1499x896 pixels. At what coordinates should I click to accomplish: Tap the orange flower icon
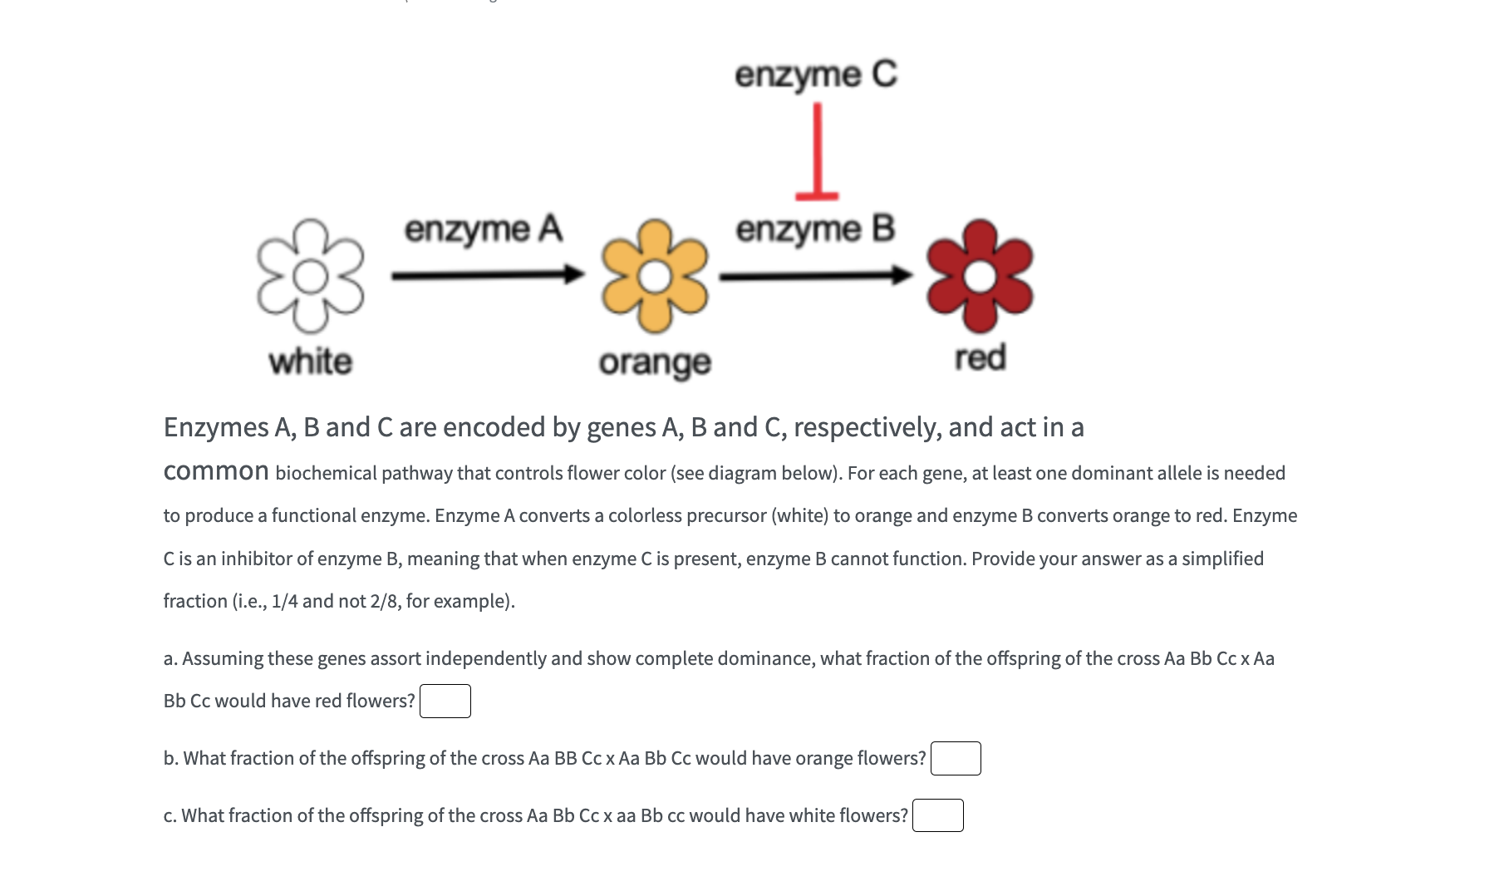pyautogui.click(x=655, y=277)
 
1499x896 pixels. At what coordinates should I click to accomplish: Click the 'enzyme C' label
pyautogui.click(x=816, y=75)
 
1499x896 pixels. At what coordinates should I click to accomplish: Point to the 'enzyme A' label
pyautogui.click(x=484, y=229)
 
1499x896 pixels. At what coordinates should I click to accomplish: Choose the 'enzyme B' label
pyautogui.click(x=815, y=229)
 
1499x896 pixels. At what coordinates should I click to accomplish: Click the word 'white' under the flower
pyautogui.click(x=311, y=362)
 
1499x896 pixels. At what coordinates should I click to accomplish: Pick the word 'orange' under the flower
pyautogui.click(x=655, y=362)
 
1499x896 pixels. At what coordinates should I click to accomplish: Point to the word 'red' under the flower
pyautogui.click(x=980, y=357)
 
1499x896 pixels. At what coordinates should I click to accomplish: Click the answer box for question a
pyautogui.click(x=445, y=701)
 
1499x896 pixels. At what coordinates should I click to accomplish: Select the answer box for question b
pyautogui.click(x=956, y=758)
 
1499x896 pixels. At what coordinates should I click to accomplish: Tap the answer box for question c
pyautogui.click(x=938, y=815)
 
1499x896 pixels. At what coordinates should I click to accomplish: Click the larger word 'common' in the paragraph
pyautogui.click(x=216, y=471)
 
